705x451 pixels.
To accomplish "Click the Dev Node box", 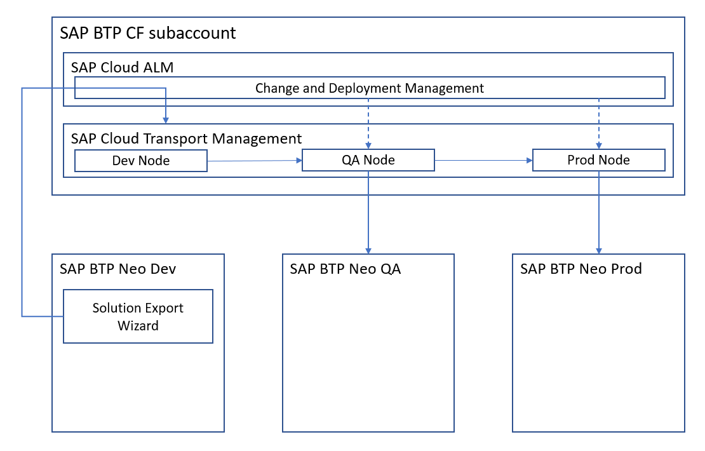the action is (x=141, y=161).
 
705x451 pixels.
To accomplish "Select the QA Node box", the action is (x=368, y=160).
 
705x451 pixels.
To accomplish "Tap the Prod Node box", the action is (x=598, y=160).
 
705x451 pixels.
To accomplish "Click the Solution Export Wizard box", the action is (x=138, y=316).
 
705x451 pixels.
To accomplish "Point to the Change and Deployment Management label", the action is (x=370, y=88).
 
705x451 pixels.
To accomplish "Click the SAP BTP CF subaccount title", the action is (x=148, y=33).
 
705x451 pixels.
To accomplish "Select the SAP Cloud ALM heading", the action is (x=123, y=67).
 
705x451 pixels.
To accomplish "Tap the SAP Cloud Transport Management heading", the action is (x=186, y=138).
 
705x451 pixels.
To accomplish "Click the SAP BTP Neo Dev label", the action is (x=117, y=269).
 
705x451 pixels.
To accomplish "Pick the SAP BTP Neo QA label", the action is (x=346, y=269).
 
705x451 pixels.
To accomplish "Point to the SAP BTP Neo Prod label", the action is (x=581, y=269).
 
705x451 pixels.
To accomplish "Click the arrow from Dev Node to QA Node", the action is (x=255, y=161).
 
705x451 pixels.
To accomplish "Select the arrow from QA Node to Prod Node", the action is (x=484, y=160).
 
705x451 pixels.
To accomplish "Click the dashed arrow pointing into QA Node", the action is (x=368, y=124).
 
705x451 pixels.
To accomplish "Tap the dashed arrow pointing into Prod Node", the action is (x=598, y=124).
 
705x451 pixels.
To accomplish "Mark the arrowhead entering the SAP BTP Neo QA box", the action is (x=368, y=251).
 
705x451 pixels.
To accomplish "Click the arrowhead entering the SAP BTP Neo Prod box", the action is (x=598, y=251).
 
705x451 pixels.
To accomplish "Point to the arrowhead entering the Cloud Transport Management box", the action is (x=166, y=121).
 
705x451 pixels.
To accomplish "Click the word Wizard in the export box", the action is (x=138, y=326).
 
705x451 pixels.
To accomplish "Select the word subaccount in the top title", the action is (x=192, y=33).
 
